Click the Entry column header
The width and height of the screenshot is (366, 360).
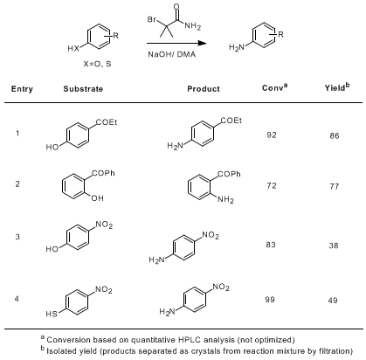click(22, 89)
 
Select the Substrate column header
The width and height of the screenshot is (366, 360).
click(83, 89)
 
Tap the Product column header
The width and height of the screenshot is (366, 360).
click(204, 89)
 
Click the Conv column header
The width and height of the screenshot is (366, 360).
click(274, 87)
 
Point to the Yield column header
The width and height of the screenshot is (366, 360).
click(337, 87)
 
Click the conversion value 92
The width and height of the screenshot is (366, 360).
click(272, 135)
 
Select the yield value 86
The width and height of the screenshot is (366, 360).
click(335, 135)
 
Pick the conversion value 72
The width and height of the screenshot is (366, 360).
click(272, 185)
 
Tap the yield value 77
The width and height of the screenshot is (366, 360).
click(335, 186)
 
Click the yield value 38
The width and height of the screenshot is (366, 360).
click(334, 246)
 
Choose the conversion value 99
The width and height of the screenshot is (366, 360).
click(270, 300)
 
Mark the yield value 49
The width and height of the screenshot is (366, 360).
click(333, 301)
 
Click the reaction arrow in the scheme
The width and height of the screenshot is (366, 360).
click(176, 44)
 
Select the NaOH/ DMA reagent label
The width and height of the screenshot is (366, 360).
click(172, 54)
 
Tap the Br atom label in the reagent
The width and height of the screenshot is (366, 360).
click(152, 19)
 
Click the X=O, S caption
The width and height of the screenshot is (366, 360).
click(97, 64)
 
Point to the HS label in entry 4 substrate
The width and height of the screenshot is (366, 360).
click(52, 314)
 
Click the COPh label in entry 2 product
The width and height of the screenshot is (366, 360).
click(230, 174)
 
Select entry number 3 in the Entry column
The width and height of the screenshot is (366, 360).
click(17, 237)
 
